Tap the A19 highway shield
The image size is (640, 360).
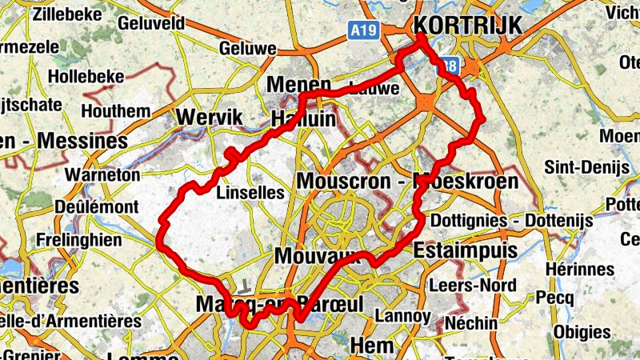click(362, 30)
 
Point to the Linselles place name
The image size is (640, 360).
click(250, 192)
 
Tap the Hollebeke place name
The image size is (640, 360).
click(86, 76)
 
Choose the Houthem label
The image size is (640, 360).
click(116, 110)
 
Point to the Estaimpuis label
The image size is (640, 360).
click(466, 250)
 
